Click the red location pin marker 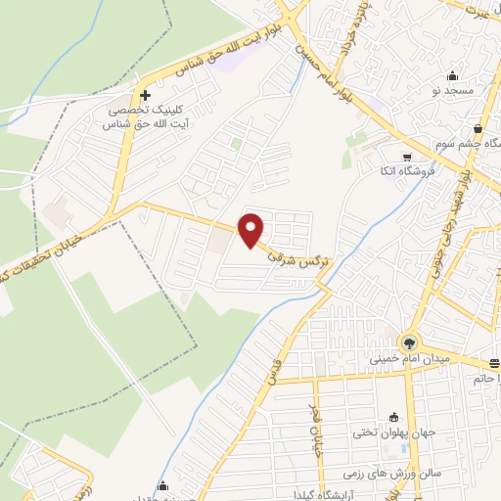click(x=251, y=230)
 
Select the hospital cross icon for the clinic click(x=145, y=96)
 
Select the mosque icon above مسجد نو click(x=452, y=76)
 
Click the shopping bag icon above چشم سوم click(x=478, y=128)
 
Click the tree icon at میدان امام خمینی click(x=408, y=342)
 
